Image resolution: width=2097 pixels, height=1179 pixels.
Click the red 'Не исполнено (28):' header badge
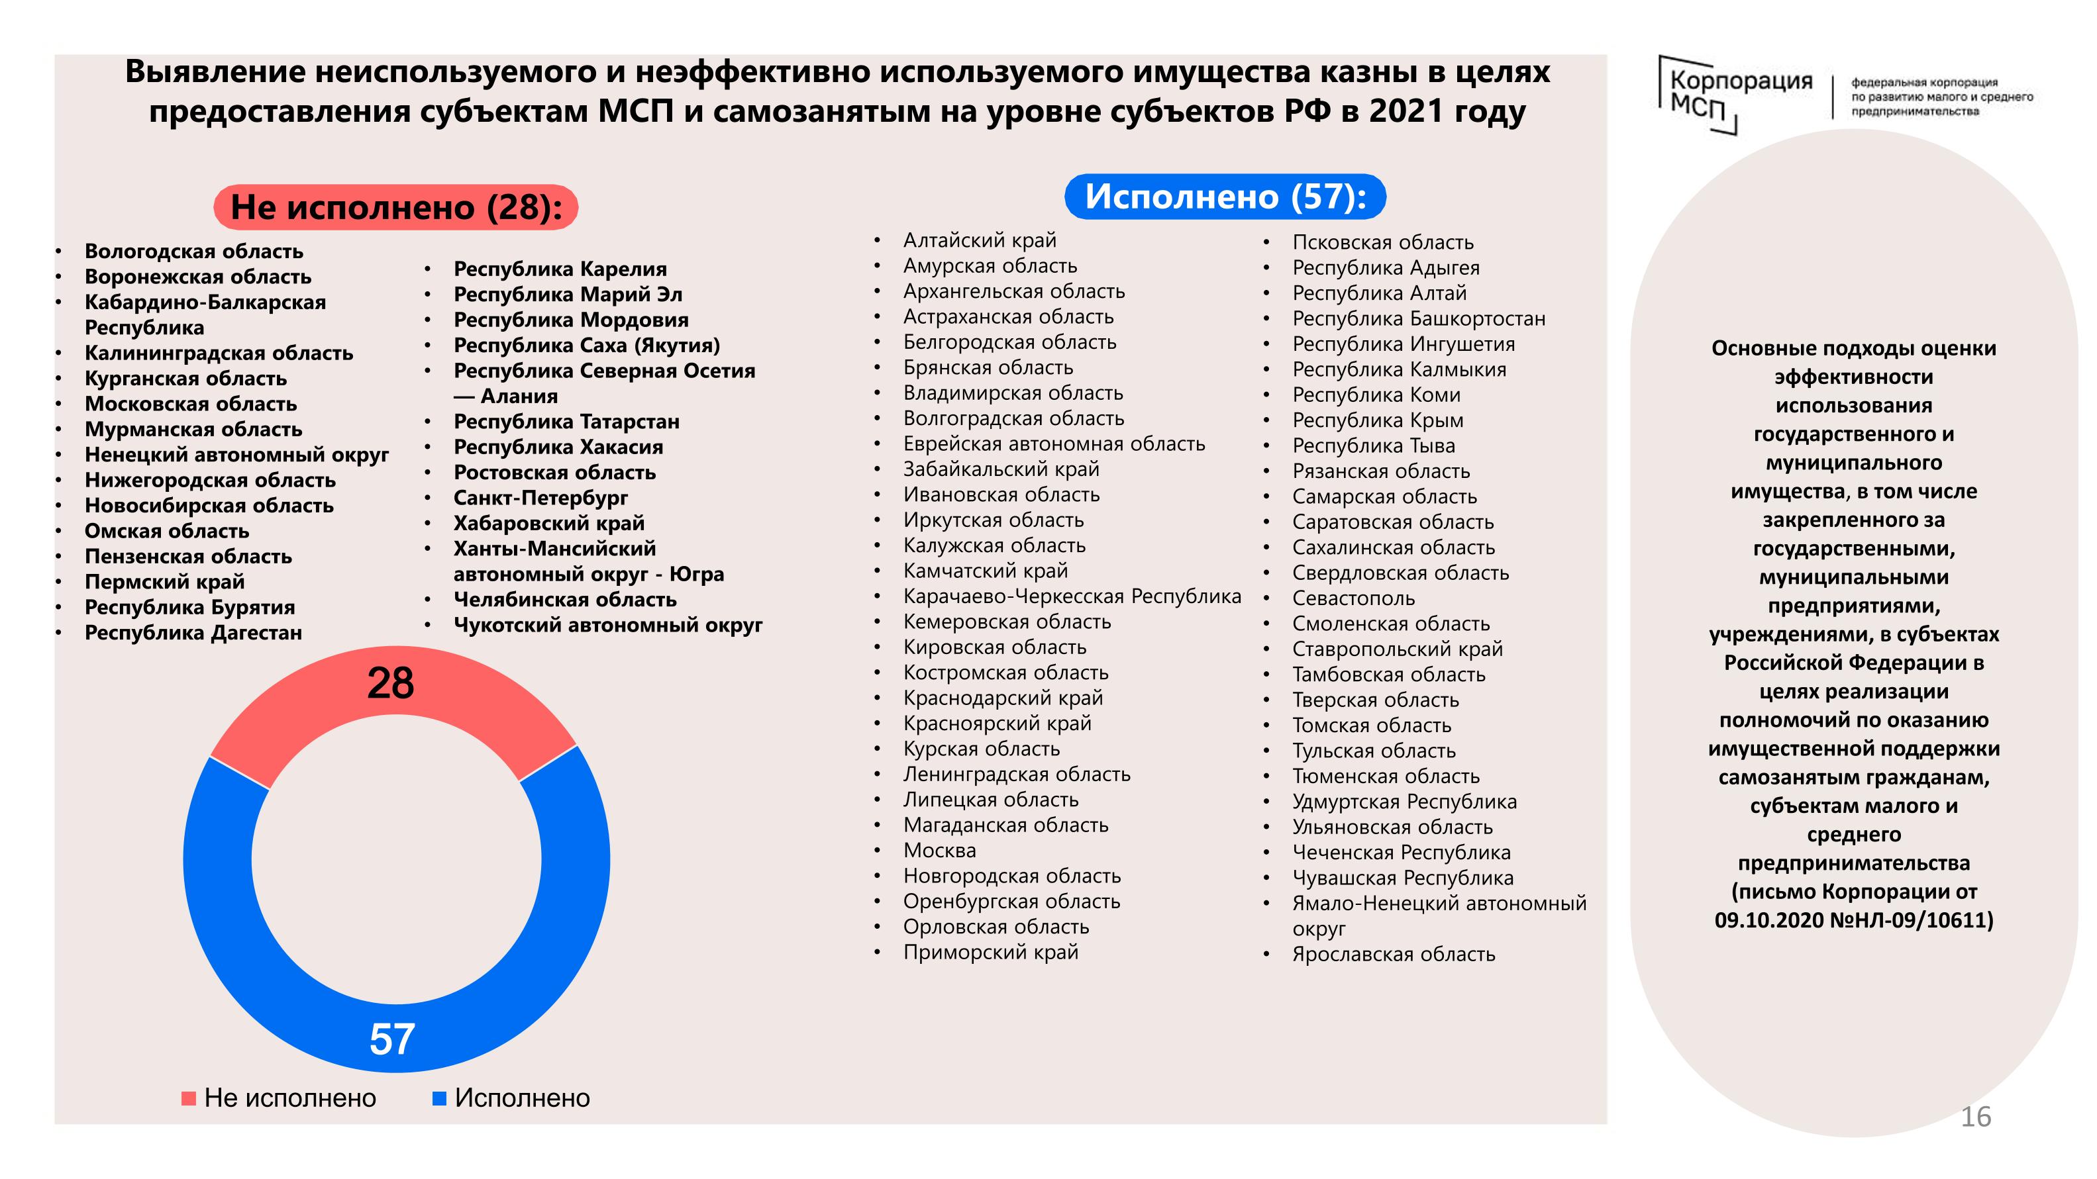pyautogui.click(x=395, y=207)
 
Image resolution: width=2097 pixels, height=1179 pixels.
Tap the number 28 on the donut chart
pyautogui.click(x=391, y=683)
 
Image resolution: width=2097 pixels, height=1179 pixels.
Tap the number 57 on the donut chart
pyautogui.click(x=392, y=1039)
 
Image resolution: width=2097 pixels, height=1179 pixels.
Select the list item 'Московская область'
pyautogui.click(x=191, y=404)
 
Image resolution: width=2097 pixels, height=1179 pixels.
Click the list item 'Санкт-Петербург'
pyautogui.click(x=540, y=497)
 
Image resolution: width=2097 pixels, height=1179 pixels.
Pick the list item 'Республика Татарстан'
pyautogui.click(x=566, y=422)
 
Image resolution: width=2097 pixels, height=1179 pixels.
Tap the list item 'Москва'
pyautogui.click(x=939, y=850)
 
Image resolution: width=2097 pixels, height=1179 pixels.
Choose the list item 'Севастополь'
pyautogui.click(x=1354, y=598)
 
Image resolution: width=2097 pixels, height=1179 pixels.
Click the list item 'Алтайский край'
pyautogui.click(x=980, y=240)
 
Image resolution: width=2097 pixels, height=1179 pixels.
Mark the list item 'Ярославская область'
pyautogui.click(x=1394, y=954)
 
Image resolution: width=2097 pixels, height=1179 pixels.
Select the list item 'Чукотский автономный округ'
pyautogui.click(x=607, y=625)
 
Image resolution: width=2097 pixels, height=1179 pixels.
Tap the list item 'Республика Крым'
pyautogui.click(x=1378, y=420)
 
